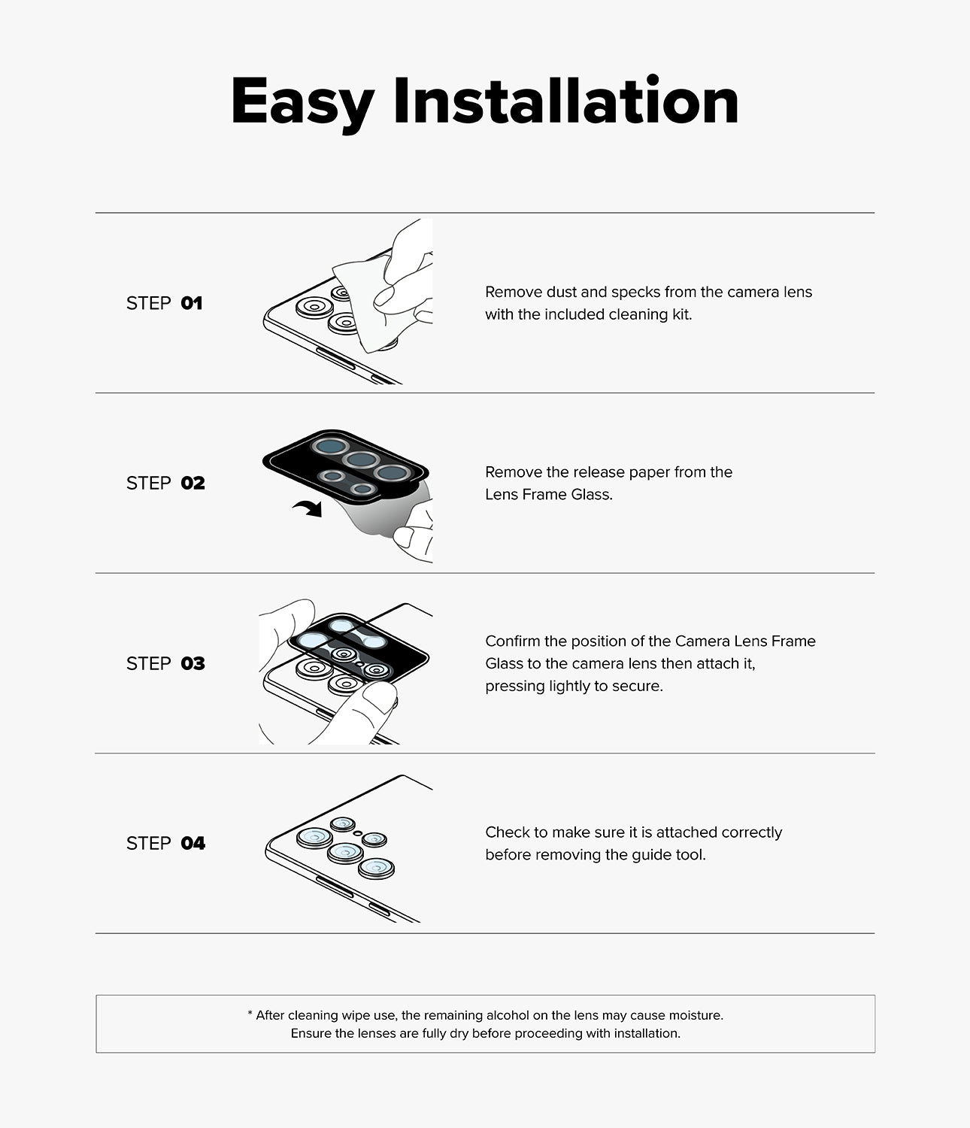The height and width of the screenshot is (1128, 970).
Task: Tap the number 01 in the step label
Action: (x=192, y=303)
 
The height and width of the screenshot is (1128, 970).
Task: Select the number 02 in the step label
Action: (x=192, y=483)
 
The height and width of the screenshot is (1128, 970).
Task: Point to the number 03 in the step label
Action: (x=192, y=663)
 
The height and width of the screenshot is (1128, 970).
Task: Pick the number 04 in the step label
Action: (x=193, y=843)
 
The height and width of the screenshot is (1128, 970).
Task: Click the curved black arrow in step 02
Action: (x=309, y=508)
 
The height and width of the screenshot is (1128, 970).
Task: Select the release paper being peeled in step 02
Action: (x=377, y=511)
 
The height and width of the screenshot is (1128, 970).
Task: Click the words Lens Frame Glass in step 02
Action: (x=549, y=494)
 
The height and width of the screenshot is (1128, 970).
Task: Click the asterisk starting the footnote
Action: (x=250, y=1014)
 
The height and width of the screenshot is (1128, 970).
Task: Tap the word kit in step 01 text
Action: (x=682, y=314)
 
